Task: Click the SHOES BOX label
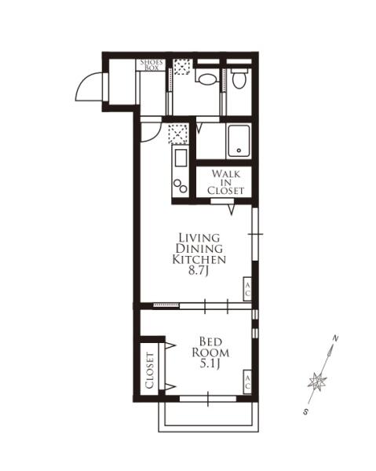pyautogui.click(x=151, y=65)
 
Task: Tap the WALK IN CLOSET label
pyautogui.click(x=225, y=182)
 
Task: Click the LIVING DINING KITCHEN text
pyautogui.click(x=199, y=248)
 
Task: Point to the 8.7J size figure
pyautogui.click(x=199, y=271)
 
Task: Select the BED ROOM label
pyautogui.click(x=210, y=347)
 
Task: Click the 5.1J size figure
pyautogui.click(x=210, y=363)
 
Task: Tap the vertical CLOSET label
pyautogui.click(x=150, y=371)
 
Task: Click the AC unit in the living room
pyautogui.click(x=247, y=289)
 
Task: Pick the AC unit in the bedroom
pyautogui.click(x=247, y=382)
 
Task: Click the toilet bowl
pyautogui.click(x=239, y=78)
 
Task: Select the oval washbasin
pyautogui.click(x=207, y=79)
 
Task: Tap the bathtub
pyautogui.click(x=239, y=141)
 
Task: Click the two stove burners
pyautogui.click(x=181, y=186)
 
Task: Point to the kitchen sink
pyautogui.click(x=181, y=158)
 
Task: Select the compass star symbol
pyautogui.click(x=317, y=382)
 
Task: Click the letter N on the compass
pyautogui.click(x=335, y=339)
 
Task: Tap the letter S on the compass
pyautogui.click(x=305, y=412)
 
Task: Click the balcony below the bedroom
pyautogui.click(x=209, y=417)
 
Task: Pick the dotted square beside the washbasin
pyautogui.click(x=182, y=67)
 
